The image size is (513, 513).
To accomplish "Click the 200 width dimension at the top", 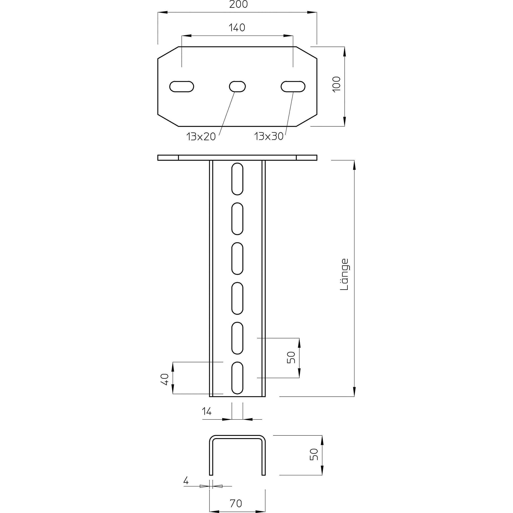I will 238,5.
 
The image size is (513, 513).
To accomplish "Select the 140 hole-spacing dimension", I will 237,28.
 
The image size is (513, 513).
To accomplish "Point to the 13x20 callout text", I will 201,137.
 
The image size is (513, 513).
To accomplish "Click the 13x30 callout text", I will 269,136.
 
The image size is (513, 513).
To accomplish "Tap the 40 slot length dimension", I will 165,379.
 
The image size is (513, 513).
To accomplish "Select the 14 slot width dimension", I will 207,412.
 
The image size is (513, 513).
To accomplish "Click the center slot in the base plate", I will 237,87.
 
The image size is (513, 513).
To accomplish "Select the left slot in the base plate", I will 182,87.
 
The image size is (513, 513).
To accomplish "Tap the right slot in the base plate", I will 293,87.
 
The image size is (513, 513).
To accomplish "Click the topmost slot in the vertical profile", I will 237,179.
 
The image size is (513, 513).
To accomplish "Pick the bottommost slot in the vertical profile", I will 237,378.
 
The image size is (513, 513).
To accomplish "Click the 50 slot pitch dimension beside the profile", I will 292,357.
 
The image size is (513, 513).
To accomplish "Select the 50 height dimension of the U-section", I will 314,454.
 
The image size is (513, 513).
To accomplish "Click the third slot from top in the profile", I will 237,259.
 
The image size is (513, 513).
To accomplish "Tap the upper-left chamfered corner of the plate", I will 168,52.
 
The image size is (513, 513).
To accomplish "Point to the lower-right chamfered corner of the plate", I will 307,121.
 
